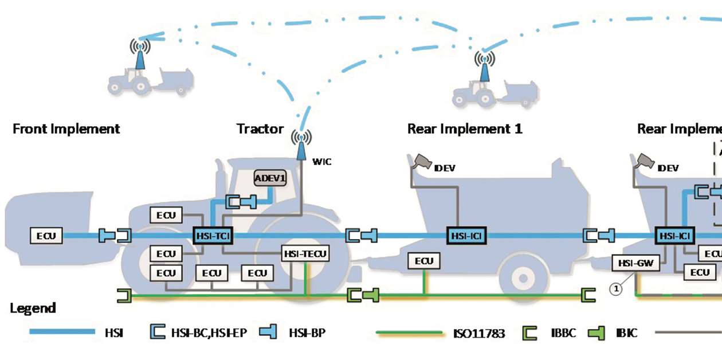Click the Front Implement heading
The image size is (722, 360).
click(x=66, y=128)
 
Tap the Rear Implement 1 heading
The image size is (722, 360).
click(x=464, y=128)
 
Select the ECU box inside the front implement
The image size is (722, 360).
click(x=47, y=235)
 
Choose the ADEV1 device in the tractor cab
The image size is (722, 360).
click(x=270, y=178)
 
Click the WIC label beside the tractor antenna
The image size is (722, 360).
click(x=321, y=162)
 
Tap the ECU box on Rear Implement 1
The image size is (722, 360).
click(x=424, y=261)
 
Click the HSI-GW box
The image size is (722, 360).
click(x=636, y=263)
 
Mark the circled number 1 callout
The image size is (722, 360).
click(x=616, y=289)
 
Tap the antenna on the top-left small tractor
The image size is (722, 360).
click(x=139, y=53)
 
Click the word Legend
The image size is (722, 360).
click(x=33, y=308)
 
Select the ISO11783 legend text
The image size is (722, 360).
click(x=478, y=333)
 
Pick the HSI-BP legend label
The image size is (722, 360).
click(x=307, y=332)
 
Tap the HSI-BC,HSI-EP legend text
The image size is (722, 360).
click(x=210, y=332)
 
